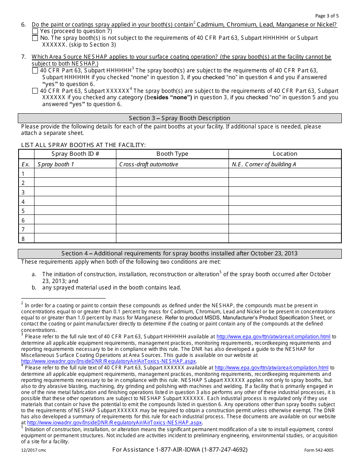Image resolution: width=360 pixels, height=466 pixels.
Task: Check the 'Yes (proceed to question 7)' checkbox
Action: (x=35, y=31)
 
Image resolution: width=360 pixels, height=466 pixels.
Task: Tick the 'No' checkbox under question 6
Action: (x=35, y=38)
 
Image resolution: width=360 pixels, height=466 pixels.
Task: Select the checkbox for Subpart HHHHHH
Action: (x=35, y=70)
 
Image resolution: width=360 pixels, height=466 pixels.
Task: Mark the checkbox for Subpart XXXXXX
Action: (x=35, y=91)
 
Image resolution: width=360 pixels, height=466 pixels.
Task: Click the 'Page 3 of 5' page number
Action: (x=327, y=16)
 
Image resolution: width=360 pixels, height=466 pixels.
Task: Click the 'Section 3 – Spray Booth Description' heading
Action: (x=179, y=118)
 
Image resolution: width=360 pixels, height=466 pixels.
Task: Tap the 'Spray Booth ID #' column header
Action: (x=75, y=154)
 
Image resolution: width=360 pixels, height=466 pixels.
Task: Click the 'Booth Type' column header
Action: (x=172, y=154)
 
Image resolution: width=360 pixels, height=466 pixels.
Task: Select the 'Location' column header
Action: (x=285, y=154)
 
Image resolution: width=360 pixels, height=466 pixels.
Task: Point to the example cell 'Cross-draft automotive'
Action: (x=149, y=164)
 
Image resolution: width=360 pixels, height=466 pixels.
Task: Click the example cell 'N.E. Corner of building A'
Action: (x=264, y=164)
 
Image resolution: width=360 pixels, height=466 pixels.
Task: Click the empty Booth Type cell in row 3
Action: (x=172, y=192)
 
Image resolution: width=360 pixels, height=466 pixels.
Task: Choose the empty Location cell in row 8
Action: (x=285, y=238)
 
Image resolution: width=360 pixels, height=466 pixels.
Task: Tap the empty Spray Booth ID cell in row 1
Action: (x=75, y=174)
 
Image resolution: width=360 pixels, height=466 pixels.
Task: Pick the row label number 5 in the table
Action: (x=23, y=211)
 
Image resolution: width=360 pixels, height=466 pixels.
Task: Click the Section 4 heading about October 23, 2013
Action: (x=179, y=253)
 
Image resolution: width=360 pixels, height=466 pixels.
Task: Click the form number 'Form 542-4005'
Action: (x=319, y=450)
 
